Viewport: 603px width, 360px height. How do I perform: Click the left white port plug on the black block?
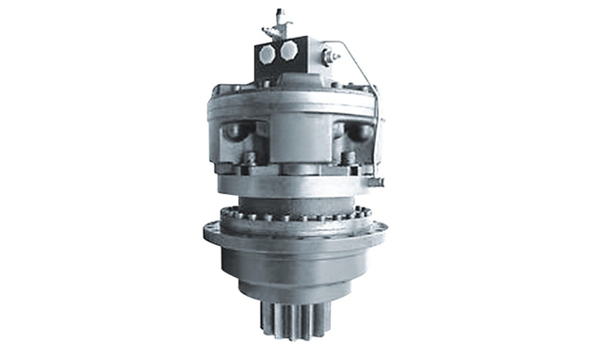pyautogui.click(x=269, y=54)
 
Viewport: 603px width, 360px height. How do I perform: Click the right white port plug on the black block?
pyautogui.click(x=288, y=49)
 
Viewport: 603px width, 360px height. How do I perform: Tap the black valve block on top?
pyautogui.click(x=278, y=62)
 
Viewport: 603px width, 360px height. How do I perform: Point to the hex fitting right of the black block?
pyautogui.click(x=328, y=57)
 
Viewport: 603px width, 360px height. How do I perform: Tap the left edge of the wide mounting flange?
pyautogui.click(x=209, y=234)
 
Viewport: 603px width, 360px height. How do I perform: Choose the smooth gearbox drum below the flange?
pyautogui.click(x=295, y=269)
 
